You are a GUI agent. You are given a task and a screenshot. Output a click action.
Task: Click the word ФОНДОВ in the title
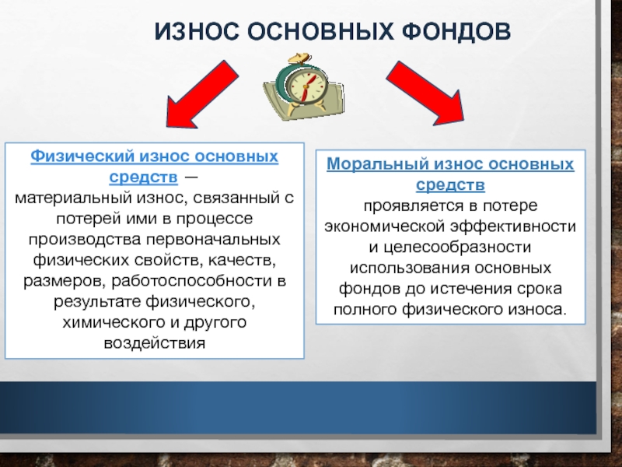456,31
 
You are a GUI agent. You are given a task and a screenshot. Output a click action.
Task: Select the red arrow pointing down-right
426,94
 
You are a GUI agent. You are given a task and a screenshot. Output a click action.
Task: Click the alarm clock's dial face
306,86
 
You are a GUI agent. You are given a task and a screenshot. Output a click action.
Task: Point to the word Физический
82,156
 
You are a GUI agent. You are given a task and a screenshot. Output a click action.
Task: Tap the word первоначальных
213,240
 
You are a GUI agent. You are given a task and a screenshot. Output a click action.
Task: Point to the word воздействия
155,343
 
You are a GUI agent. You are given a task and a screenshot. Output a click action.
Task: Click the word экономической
385,226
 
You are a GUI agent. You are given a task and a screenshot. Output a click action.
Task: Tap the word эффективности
513,226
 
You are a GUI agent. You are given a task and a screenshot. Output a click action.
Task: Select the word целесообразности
457,248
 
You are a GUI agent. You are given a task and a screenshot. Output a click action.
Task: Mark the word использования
409,268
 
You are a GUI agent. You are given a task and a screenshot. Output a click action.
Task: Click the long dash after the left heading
190,177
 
